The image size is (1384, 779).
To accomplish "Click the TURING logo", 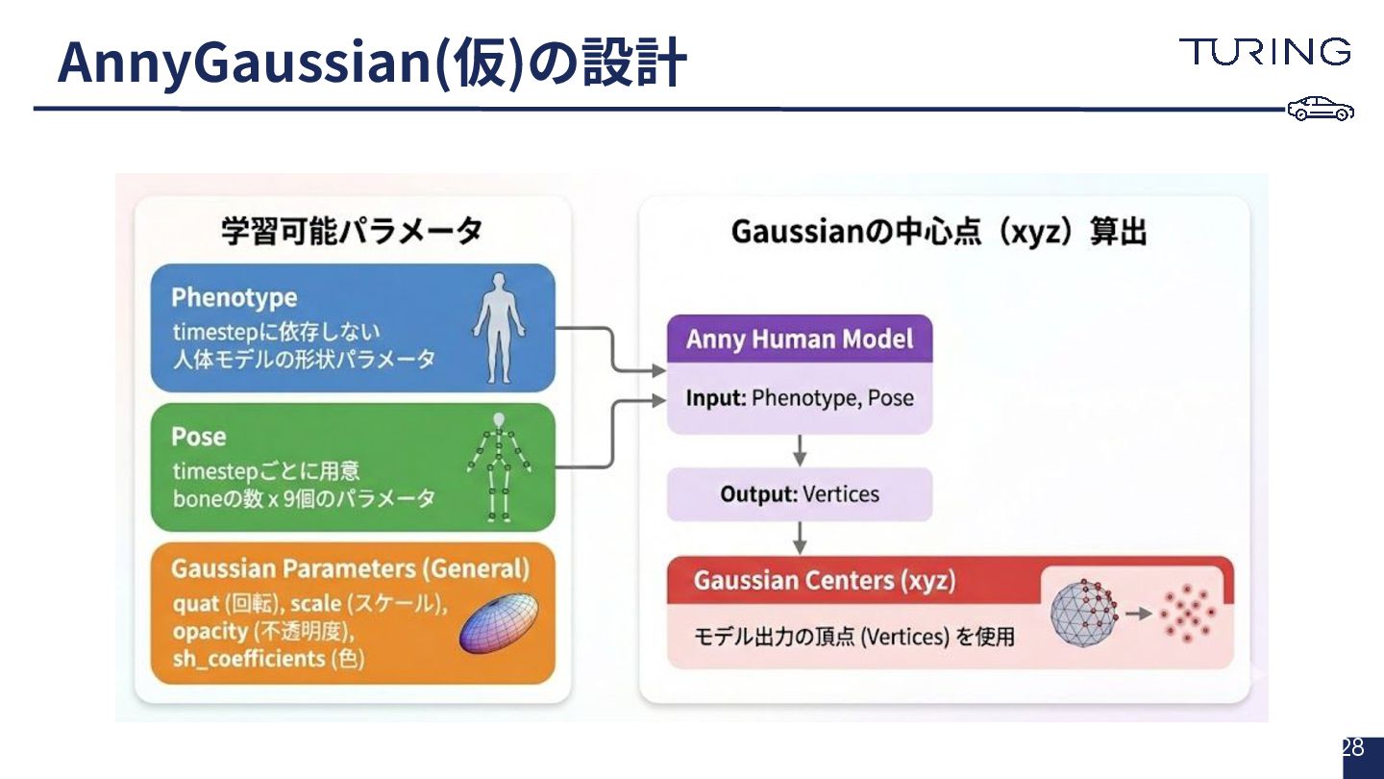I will tap(1265, 52).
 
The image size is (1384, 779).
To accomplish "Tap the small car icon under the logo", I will tap(1321, 110).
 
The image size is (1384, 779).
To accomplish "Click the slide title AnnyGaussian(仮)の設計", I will tap(372, 63).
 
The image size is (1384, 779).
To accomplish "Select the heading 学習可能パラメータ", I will tap(352, 232).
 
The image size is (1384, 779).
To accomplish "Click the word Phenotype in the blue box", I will tap(235, 297).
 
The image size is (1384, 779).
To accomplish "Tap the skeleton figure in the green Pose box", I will tap(498, 467).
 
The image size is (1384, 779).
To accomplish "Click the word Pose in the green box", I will tap(199, 437).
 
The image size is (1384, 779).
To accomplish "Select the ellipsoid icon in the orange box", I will tap(496, 623).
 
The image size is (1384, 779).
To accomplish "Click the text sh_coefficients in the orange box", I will tap(249, 659).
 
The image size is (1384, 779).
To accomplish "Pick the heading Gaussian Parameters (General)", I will tap(350, 568).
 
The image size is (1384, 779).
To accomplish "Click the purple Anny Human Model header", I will tap(800, 339).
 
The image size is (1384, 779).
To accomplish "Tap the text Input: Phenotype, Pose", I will tap(800, 398).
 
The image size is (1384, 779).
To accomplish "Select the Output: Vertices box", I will tap(800, 494).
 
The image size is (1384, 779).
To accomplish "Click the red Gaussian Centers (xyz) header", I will tap(825, 581).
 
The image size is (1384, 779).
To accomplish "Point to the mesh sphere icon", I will tap(1084, 613).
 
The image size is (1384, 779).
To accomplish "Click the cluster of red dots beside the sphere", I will tap(1188, 613).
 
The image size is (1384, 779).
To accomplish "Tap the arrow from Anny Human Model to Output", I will tap(800, 450).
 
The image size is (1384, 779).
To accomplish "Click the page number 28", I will tap(1352, 748).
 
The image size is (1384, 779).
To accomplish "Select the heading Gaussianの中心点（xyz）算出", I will tap(939, 232).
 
